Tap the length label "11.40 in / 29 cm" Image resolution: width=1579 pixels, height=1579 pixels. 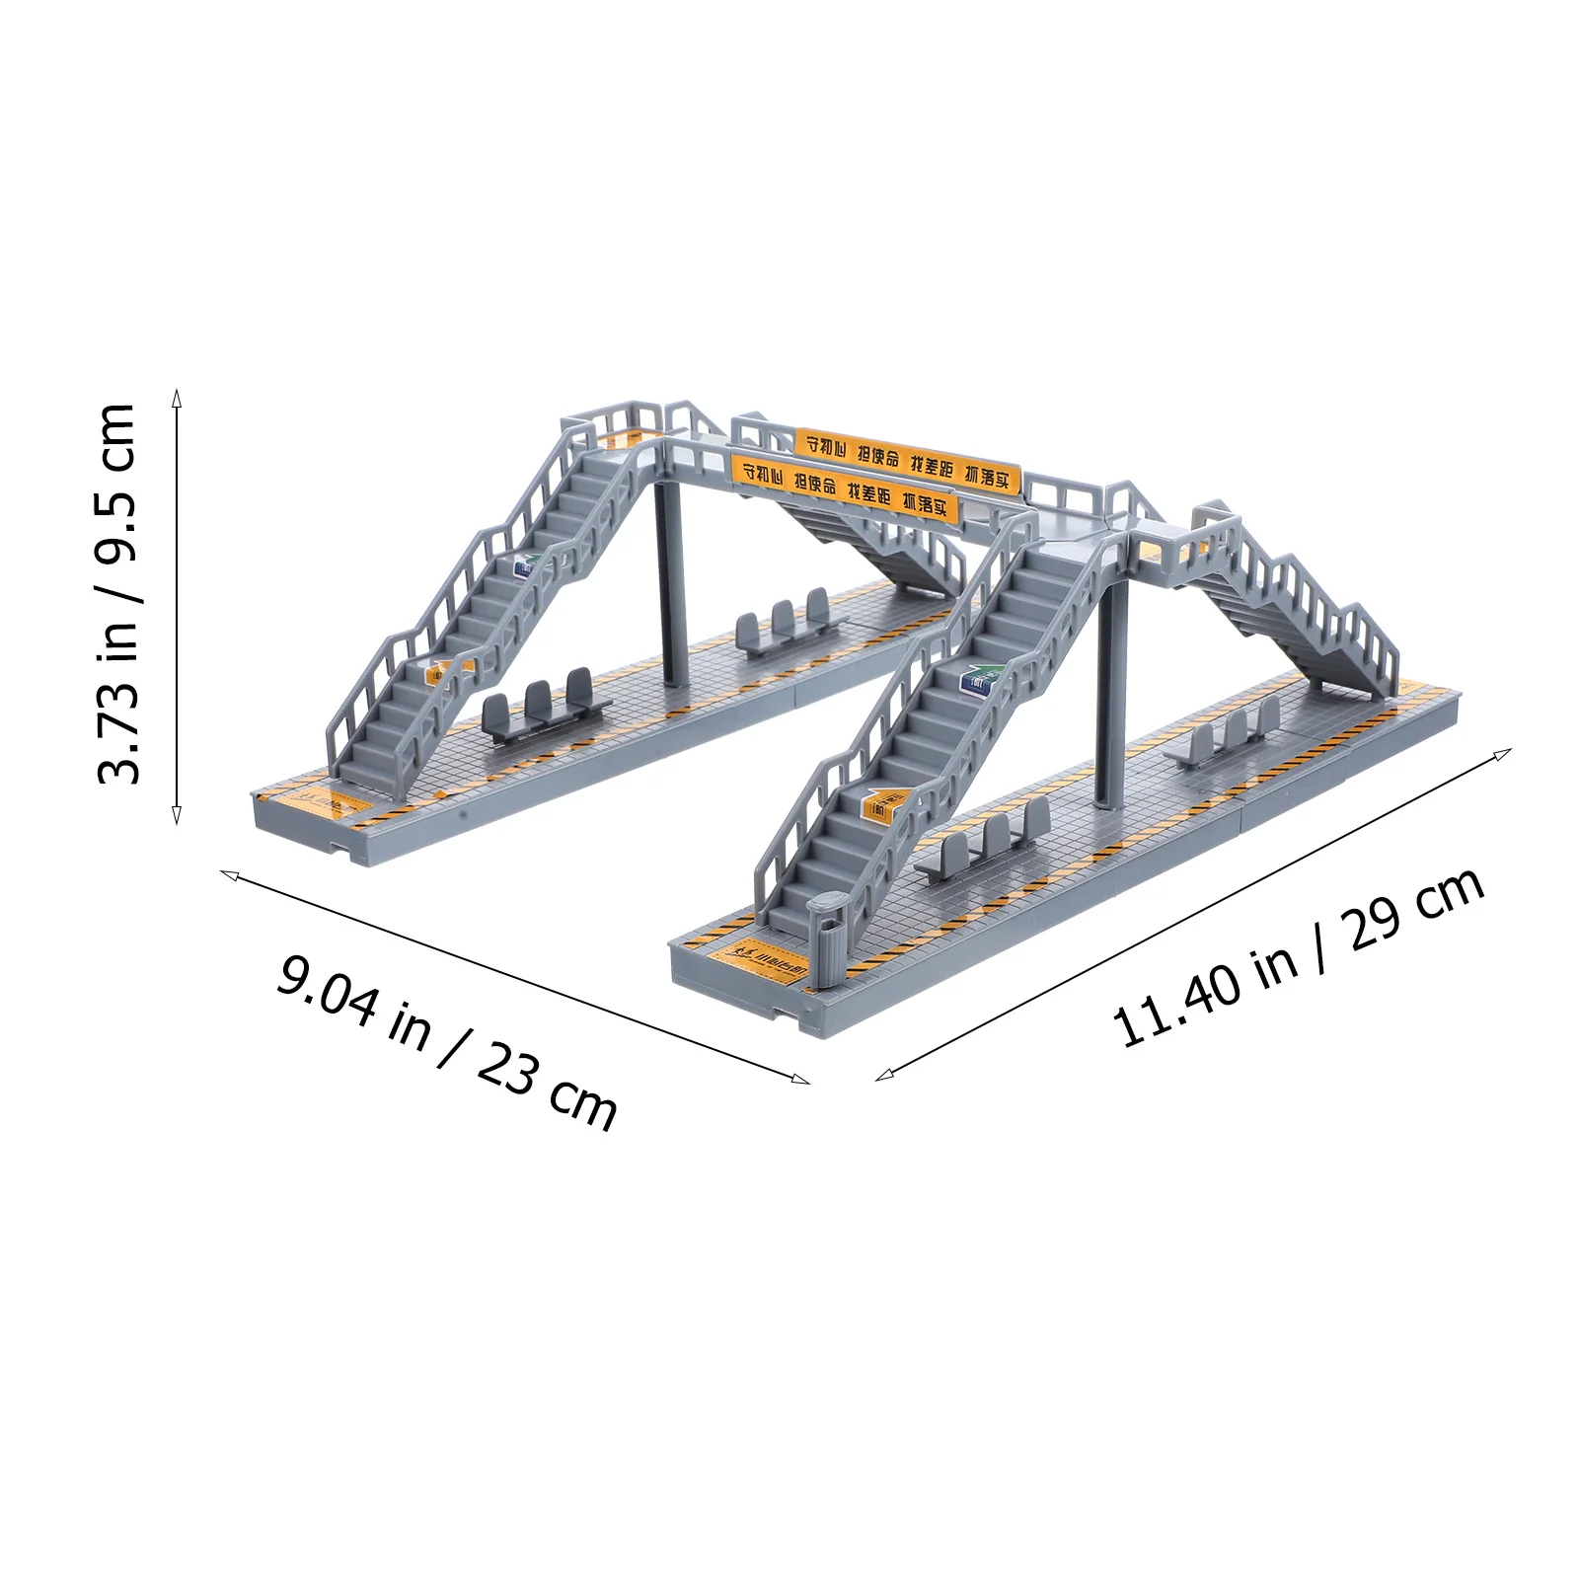point(1299,957)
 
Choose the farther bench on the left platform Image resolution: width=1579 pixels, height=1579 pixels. point(786,622)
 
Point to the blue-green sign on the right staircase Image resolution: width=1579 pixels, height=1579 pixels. point(980,680)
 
